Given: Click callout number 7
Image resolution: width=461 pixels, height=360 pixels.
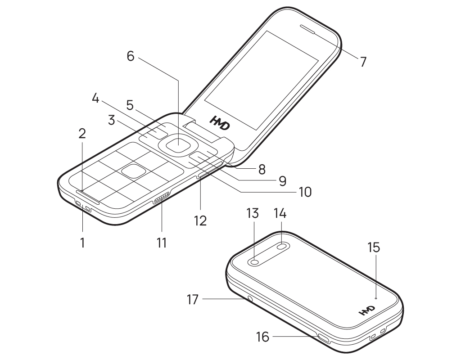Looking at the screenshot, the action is pos(363,62).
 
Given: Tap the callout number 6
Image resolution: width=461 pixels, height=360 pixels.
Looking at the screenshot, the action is pos(131,56).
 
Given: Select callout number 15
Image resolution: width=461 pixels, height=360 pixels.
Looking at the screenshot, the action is pos(374,247).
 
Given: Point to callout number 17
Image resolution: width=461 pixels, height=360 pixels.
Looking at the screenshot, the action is pos(192,299).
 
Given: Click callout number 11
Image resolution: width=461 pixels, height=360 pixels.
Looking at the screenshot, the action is pos(162,243).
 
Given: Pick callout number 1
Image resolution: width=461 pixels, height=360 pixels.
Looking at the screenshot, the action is pos(82,243).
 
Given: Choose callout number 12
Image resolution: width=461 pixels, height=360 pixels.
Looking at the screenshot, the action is pos(200,220).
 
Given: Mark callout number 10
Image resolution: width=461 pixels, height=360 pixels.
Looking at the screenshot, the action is pos(305,192).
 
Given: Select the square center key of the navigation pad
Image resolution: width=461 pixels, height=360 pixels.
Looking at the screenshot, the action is pos(178,144).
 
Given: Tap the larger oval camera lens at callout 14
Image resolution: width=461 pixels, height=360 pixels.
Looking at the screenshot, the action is pos(283,246).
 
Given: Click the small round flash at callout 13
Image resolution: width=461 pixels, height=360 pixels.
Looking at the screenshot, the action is pos(255,262).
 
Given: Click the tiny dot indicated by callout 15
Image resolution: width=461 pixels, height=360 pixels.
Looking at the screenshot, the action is pos(376,297).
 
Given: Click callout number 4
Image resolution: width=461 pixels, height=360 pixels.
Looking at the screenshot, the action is pos(95,98).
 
